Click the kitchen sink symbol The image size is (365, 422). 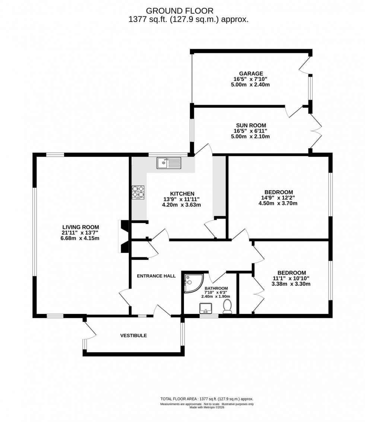pyautogui.click(x=169, y=163)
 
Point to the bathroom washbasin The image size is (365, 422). pyautogui.click(x=206, y=308)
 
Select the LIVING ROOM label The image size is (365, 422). pyautogui.click(x=80, y=227)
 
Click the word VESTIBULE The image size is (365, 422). pyautogui.click(x=133, y=335)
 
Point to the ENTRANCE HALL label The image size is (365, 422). pyautogui.click(x=156, y=276)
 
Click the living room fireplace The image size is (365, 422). pyautogui.click(x=123, y=237)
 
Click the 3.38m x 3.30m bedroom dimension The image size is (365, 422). pyautogui.click(x=291, y=284)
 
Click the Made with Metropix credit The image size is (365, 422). pyautogui.click(x=207, y=407)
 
